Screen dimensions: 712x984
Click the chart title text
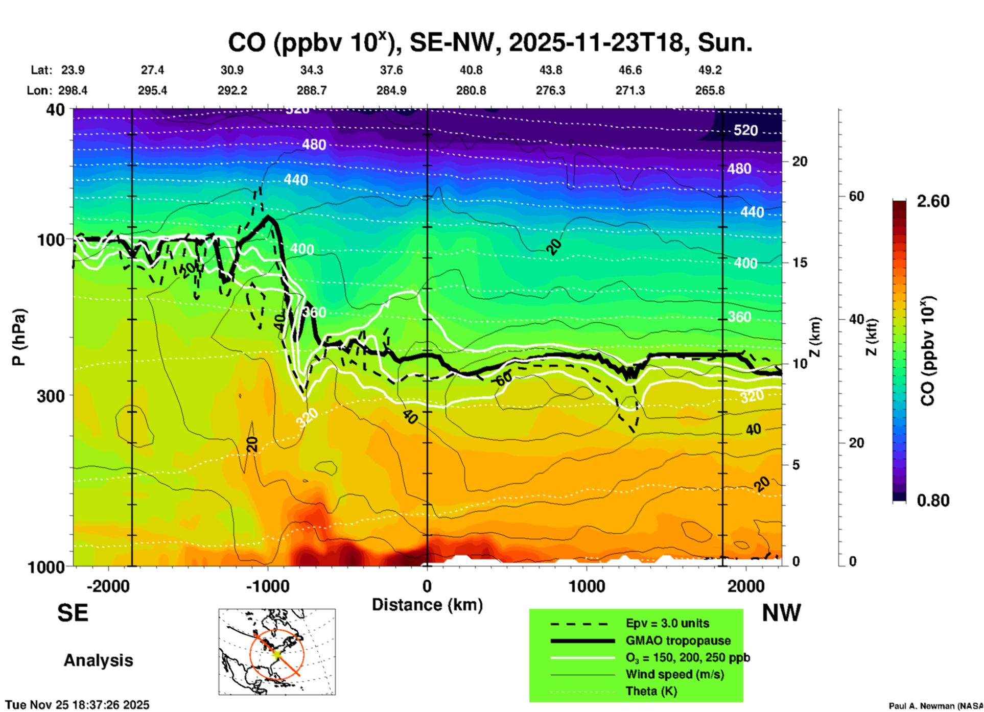pos(489,43)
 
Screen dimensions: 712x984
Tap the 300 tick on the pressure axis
pos(51,396)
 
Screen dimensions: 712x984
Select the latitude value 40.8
pos(471,70)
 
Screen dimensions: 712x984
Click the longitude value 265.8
pos(710,90)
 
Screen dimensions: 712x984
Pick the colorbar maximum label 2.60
pos(933,201)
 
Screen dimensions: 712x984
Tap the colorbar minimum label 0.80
pos(933,501)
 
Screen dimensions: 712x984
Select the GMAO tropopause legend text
pos(678,640)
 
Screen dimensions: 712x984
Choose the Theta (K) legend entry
pos(651,692)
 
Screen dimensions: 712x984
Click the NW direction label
pos(781,613)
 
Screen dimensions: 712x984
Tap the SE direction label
pos(73,613)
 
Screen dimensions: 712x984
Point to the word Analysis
pos(98,660)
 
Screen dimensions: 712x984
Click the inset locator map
pos(277,652)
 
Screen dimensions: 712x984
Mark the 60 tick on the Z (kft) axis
pos(856,196)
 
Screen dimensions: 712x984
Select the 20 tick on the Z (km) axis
pos(800,161)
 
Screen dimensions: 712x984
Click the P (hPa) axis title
pos(19,337)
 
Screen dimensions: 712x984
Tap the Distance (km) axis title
pos(427,605)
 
